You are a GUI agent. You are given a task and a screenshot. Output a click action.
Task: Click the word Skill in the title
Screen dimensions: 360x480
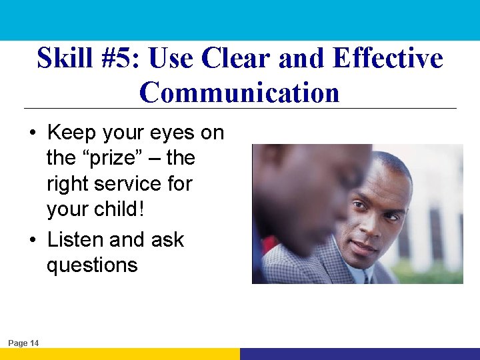tap(65, 59)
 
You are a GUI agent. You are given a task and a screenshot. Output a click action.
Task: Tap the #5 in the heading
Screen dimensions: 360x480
tap(120, 59)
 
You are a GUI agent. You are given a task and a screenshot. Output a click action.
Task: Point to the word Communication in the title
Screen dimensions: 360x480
tap(239, 92)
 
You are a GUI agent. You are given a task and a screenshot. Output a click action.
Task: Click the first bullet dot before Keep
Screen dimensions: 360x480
tap(33, 133)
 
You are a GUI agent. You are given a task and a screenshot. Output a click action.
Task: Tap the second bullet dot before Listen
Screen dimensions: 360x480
tap(33, 240)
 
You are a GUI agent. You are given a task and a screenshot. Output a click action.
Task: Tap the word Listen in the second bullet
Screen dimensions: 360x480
tap(75, 239)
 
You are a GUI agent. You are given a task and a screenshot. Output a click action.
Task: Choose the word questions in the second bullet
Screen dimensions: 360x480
tap(92, 265)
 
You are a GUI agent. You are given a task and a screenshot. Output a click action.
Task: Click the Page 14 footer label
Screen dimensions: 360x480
tap(23, 343)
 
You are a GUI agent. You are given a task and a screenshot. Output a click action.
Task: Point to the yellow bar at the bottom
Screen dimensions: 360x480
tap(120, 354)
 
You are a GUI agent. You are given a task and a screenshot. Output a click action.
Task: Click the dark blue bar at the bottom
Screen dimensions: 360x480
tap(360, 354)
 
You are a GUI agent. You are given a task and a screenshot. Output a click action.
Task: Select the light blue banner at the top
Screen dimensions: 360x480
tap(240, 20)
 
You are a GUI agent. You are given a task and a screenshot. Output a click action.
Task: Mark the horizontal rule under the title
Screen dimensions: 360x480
tap(240, 108)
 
